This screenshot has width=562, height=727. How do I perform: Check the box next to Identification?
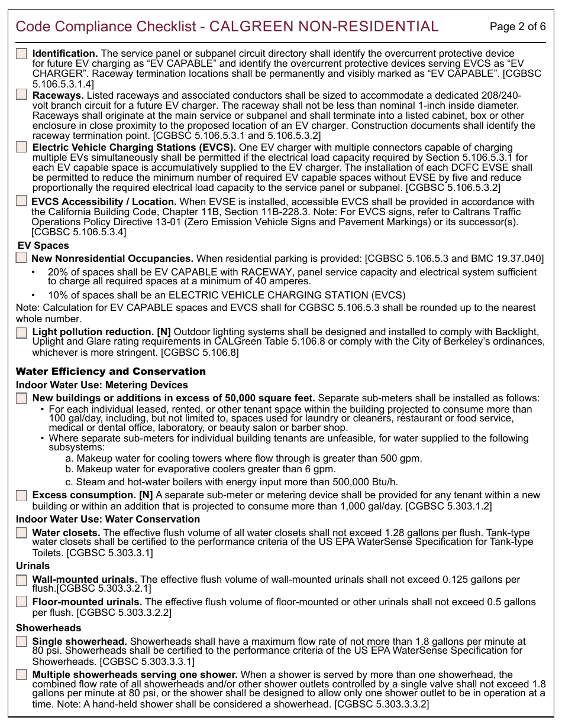point(21,53)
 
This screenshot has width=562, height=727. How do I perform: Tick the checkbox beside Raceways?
point(21,95)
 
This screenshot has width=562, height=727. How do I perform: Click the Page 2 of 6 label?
point(518,27)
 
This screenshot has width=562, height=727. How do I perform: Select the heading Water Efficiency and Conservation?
point(111,371)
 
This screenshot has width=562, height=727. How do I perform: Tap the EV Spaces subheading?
point(43,245)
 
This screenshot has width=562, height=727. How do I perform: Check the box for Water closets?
point(21,533)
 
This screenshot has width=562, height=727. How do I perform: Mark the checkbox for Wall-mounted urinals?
point(21,580)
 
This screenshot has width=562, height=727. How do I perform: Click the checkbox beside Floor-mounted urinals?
point(21,602)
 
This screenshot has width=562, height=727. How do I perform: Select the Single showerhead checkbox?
point(21,641)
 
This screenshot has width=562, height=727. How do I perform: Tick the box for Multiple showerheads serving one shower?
point(21,674)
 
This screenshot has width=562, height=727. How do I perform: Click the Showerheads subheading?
point(49,628)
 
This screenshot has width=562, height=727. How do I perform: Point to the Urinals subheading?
point(33,566)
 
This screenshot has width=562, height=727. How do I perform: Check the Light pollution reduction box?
point(21,332)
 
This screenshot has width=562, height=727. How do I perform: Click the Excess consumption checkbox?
point(21,495)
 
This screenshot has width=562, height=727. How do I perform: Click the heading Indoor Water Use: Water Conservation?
point(108,519)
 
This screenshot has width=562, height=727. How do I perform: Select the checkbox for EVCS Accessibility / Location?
point(21,202)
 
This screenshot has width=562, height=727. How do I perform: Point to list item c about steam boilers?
point(232,482)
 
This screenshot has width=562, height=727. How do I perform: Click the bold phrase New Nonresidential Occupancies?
point(112,258)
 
